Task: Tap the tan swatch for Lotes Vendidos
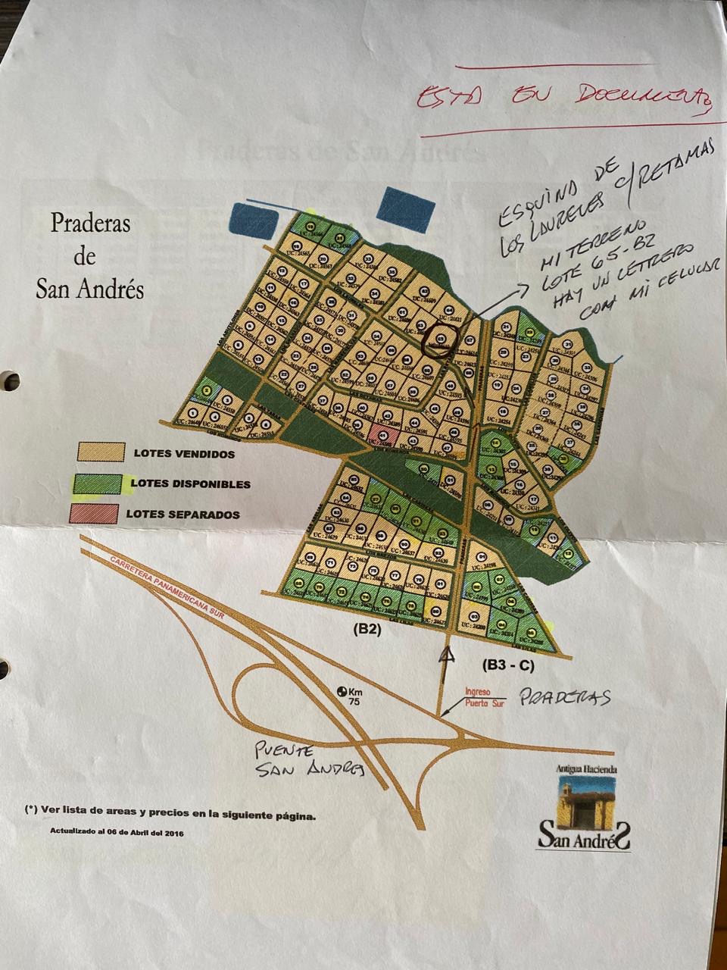[x=99, y=452]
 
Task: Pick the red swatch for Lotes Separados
[x=95, y=512]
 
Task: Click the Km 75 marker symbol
[x=342, y=691]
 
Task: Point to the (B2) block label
[x=366, y=628]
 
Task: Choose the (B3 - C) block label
[x=508, y=665]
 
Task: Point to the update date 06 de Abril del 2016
[x=117, y=831]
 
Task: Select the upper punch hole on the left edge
[x=9, y=380]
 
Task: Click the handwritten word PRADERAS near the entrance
[x=564, y=698]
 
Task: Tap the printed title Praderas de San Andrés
[x=90, y=256]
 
